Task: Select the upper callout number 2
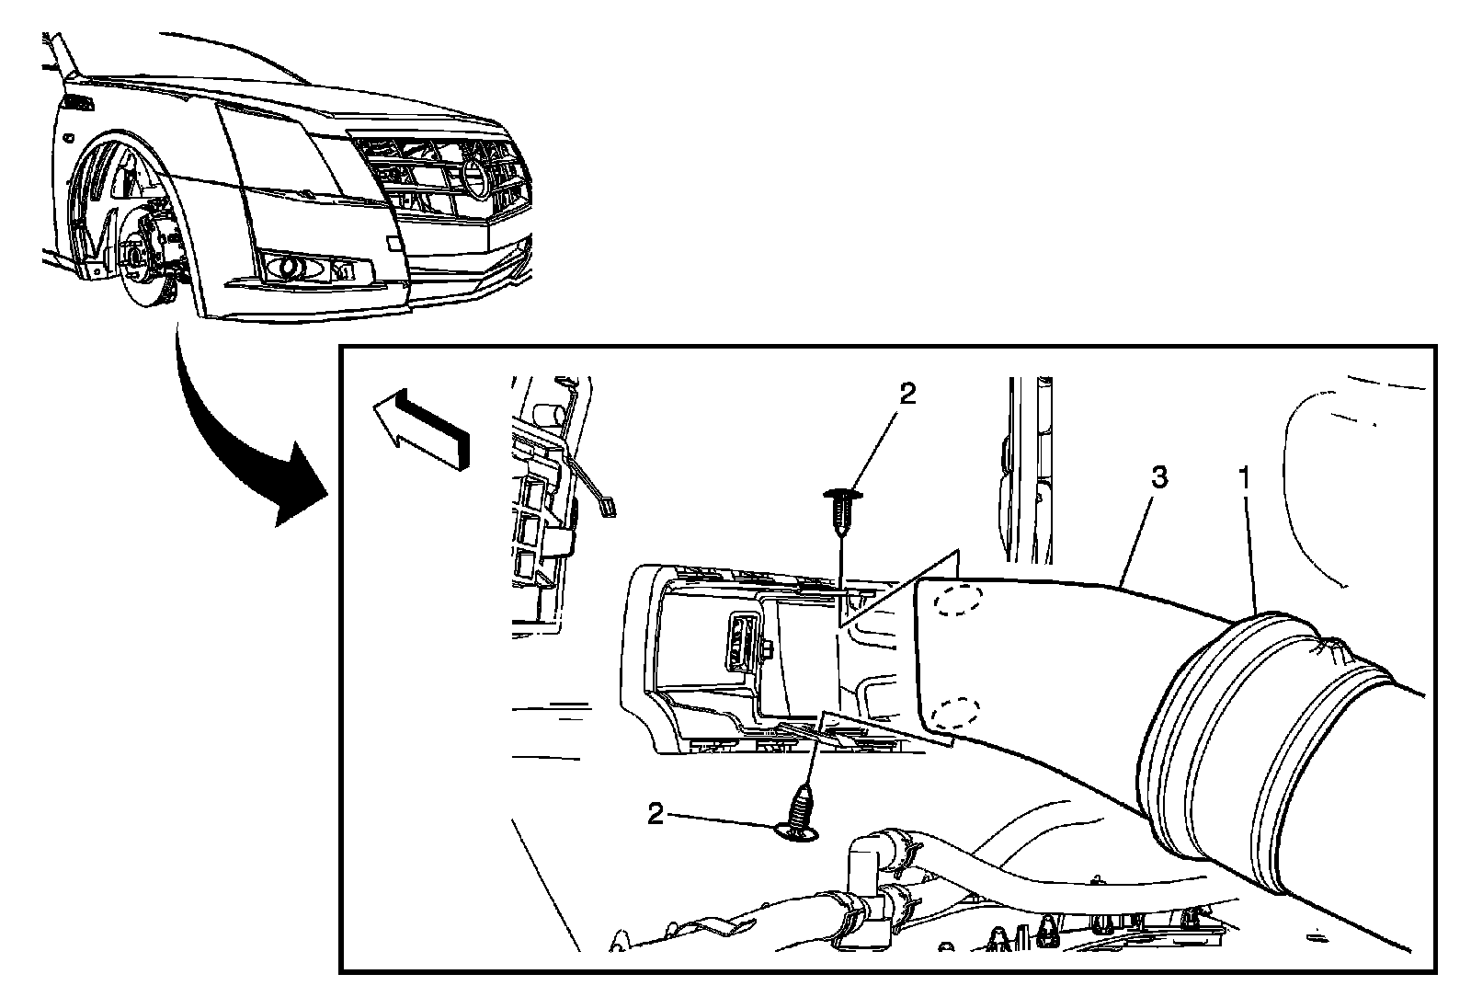click(907, 394)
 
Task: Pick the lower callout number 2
click(656, 814)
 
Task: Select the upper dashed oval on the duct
click(958, 602)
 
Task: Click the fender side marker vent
click(78, 103)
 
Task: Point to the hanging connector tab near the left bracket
click(608, 504)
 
